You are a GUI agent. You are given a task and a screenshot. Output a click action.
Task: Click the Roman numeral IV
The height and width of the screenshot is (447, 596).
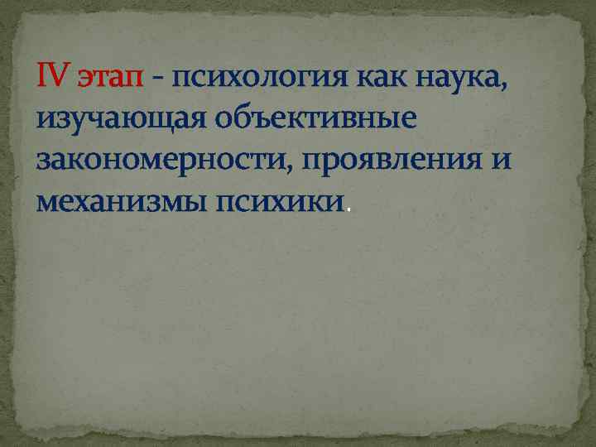coord(54,79)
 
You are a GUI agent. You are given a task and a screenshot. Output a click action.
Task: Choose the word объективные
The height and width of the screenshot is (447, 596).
coord(316,120)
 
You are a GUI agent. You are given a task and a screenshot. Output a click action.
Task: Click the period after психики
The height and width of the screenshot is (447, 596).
coord(348,208)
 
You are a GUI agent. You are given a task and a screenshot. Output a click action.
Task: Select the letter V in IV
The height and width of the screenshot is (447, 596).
coord(60,79)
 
